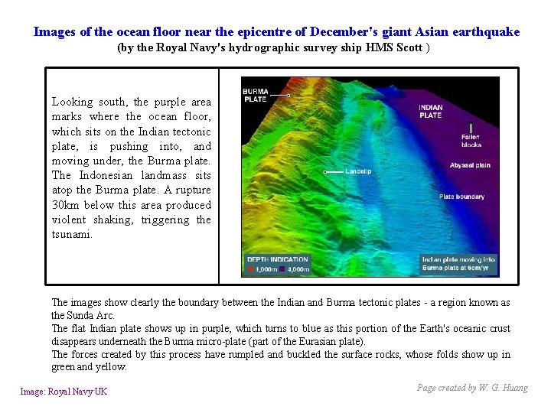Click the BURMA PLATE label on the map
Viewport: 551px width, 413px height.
(255, 96)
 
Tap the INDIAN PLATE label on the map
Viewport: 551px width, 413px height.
(430, 111)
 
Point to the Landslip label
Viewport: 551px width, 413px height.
(358, 171)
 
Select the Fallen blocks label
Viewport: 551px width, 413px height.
(448, 141)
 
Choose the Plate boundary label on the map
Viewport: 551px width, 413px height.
(461, 197)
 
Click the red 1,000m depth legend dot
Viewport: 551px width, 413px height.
(249, 269)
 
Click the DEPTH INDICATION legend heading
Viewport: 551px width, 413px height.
(277, 259)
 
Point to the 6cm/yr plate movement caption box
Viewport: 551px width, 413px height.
(458, 264)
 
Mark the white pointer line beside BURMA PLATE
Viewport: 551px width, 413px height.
(279, 96)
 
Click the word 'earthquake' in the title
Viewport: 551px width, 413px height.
(484, 32)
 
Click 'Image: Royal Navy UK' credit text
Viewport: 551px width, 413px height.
(64, 392)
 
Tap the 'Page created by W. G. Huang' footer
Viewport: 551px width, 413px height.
(472, 388)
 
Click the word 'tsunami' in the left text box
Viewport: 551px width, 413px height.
(71, 234)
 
